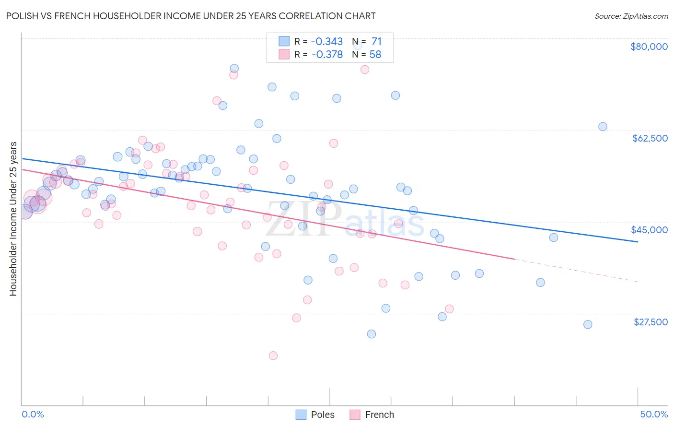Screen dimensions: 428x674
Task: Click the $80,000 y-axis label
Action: pyautogui.click(x=649, y=47)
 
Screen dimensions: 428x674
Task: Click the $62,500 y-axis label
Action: pyautogui.click(x=650, y=138)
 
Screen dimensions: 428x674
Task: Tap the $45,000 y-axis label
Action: pyautogui.click(x=649, y=230)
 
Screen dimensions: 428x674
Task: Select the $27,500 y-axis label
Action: pyautogui.click(x=650, y=322)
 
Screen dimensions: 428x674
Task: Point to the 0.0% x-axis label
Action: pyautogui.click(x=33, y=414)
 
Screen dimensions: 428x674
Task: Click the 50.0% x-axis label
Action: pyautogui.click(x=653, y=414)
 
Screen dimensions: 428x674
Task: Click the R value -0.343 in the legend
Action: pyautogui.click(x=327, y=42)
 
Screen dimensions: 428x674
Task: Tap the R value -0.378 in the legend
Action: pyautogui.click(x=327, y=55)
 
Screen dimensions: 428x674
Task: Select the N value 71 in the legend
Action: pyautogui.click(x=376, y=42)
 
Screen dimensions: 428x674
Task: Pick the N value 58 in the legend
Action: pyautogui.click(x=375, y=55)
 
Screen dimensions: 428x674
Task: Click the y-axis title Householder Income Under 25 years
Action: pyautogui.click(x=13, y=218)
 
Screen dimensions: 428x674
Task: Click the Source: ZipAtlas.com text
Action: pyautogui.click(x=631, y=16)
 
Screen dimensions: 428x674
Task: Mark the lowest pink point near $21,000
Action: pyautogui.click(x=273, y=356)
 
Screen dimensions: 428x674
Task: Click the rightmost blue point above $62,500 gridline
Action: pyautogui.click(x=603, y=127)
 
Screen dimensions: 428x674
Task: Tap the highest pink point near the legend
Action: pyautogui.click(x=365, y=70)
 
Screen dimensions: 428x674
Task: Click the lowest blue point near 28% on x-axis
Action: pyautogui.click(x=371, y=334)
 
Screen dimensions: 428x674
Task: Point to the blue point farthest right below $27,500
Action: pyautogui.click(x=588, y=324)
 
